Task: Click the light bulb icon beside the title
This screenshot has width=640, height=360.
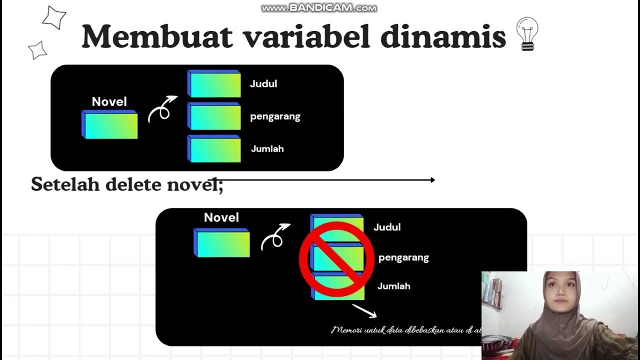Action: [x=527, y=33]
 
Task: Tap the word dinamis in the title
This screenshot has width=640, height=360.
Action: [x=443, y=36]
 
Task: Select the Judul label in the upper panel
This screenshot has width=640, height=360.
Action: [x=263, y=84]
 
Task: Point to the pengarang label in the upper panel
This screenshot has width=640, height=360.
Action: [x=275, y=117]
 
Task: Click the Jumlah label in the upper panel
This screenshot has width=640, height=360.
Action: [x=267, y=149]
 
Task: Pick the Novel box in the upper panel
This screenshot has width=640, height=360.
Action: [x=109, y=124]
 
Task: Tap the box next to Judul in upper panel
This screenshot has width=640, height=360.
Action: [x=214, y=84]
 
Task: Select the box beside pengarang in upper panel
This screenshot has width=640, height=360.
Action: [x=214, y=116]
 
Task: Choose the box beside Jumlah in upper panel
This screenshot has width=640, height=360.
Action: [x=214, y=149]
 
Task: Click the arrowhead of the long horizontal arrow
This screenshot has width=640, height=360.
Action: [x=432, y=180]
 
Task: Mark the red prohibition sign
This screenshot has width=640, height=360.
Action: [x=336, y=257]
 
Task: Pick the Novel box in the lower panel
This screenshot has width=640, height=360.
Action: [x=221, y=243]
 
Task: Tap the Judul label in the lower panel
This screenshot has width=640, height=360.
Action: [x=387, y=227]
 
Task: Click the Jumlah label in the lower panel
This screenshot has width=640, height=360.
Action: [x=394, y=286]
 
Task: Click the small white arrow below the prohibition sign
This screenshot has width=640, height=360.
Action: [x=364, y=310]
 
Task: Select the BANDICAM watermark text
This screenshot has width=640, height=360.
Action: [x=319, y=8]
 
